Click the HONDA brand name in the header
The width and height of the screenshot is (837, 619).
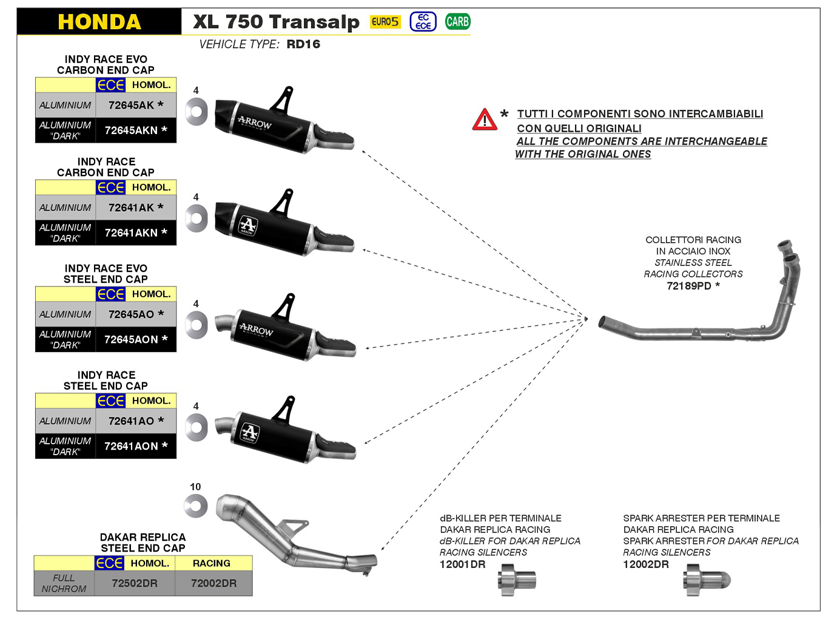pos(99,22)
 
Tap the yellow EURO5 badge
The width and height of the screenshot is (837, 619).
pos(385,22)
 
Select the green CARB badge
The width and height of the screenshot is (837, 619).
pos(457,22)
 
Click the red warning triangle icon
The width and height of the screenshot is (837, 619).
pos(485,120)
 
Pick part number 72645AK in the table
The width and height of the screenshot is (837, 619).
pos(135,105)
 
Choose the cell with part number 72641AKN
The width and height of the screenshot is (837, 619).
pos(135,232)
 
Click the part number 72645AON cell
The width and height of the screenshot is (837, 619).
pos(135,339)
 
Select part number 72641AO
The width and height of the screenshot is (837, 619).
pos(135,421)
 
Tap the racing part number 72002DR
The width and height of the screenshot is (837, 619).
pos(213,583)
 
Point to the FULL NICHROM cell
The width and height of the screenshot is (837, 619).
pos(64,583)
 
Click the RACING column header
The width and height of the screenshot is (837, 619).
pos(212,563)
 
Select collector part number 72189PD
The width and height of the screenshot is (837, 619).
pos(693,286)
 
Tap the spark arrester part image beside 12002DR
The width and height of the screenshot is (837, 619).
pos(706,580)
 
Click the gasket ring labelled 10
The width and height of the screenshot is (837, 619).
pos(196,506)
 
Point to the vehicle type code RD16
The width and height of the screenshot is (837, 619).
pos(303,44)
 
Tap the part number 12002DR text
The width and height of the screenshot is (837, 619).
pos(645,564)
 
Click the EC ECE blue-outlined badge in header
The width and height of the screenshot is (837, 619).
pos(423,22)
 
